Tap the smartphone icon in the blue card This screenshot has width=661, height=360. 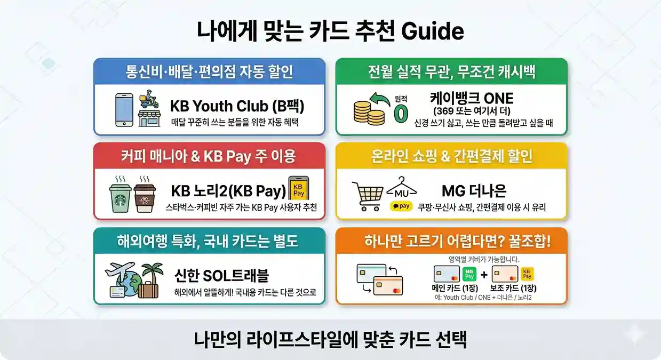[x=124, y=110]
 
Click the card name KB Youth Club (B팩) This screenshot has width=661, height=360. [x=237, y=106]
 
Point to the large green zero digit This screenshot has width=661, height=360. [x=400, y=114]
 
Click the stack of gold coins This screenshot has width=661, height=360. [x=369, y=111]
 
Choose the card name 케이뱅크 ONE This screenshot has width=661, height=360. [x=472, y=98]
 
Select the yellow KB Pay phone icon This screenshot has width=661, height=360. [x=299, y=189]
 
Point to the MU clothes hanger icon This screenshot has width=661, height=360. [x=402, y=189]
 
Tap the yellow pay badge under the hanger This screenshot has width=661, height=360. [x=401, y=206]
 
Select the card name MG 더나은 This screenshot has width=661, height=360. [x=474, y=190]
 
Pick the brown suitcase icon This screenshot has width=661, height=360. [x=148, y=290]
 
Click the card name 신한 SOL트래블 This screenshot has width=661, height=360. [x=221, y=275]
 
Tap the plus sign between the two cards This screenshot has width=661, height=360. [x=483, y=275]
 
